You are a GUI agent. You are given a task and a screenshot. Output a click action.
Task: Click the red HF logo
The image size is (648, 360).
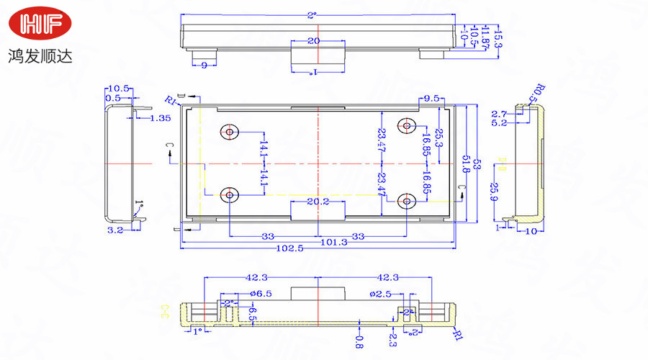(x=40, y=26)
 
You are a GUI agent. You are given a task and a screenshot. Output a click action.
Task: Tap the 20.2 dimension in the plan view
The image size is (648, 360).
(x=318, y=202)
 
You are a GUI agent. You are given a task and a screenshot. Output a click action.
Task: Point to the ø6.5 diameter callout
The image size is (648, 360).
(x=260, y=294)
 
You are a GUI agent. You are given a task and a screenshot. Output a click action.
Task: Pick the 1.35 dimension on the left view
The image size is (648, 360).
(x=161, y=118)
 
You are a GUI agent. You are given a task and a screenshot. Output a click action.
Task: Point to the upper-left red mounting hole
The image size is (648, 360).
(x=230, y=132)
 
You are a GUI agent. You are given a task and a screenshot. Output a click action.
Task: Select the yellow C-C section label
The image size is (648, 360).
(x=164, y=311)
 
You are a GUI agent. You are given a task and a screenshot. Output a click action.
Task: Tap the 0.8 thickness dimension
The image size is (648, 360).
(x=359, y=339)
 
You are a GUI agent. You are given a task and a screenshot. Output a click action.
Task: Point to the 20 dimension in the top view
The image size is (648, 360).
(x=313, y=41)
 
